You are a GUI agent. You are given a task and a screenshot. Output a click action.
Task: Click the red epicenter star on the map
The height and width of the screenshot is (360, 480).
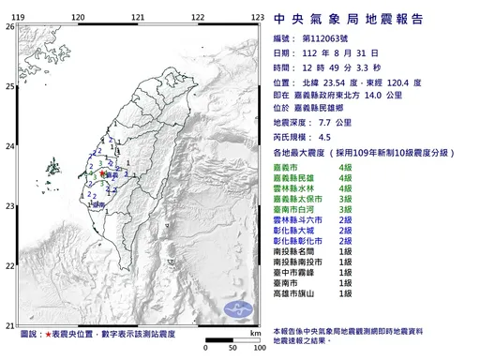[101, 173]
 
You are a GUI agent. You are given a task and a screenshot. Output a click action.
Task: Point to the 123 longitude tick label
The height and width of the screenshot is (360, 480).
[256, 18]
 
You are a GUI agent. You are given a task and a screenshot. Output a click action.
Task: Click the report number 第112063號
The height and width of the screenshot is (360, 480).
[330, 39]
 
